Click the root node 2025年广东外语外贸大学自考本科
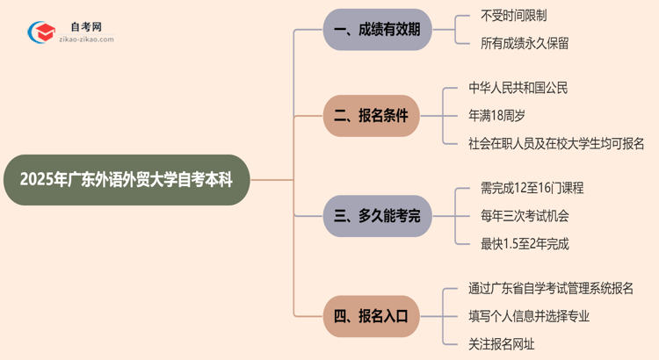[x=127, y=180]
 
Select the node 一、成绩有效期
[x=378, y=30]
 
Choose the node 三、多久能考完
[x=378, y=215]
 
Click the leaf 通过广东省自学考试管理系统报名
[x=556, y=288]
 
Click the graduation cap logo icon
[x=40, y=32]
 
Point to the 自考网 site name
[x=85, y=27]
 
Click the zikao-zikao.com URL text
[x=85, y=40]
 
